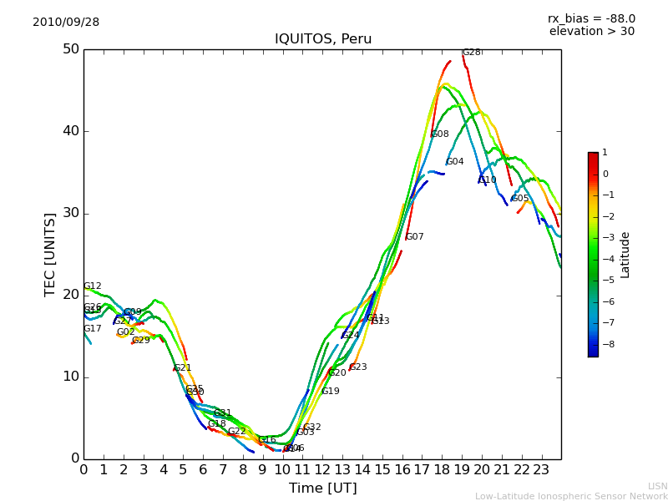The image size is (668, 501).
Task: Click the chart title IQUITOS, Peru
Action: click(x=323, y=39)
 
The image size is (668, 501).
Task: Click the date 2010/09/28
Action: click(x=66, y=23)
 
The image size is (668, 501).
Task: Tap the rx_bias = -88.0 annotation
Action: click(x=591, y=18)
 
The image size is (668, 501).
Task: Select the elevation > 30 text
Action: click(x=591, y=32)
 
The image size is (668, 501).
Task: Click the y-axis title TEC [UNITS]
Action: click(x=50, y=254)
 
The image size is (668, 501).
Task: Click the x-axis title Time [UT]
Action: click(x=322, y=488)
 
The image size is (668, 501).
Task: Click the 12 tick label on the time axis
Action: click(x=322, y=470)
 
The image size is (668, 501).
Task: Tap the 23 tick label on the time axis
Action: click(x=541, y=470)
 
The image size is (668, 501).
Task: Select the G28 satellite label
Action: click(x=472, y=53)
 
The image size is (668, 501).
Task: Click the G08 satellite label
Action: click(x=440, y=134)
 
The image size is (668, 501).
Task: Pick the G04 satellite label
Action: click(x=455, y=162)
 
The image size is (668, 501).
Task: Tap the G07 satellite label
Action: click(x=415, y=237)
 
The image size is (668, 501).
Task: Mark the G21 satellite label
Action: click(x=183, y=368)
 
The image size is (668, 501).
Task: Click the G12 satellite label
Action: click(x=93, y=286)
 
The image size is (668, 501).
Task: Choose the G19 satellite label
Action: click(x=331, y=392)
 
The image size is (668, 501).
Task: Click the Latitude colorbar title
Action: click(x=625, y=255)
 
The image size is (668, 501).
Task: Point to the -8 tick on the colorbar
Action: click(x=605, y=343)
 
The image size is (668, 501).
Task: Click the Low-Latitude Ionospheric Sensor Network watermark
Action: click(x=571, y=496)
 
